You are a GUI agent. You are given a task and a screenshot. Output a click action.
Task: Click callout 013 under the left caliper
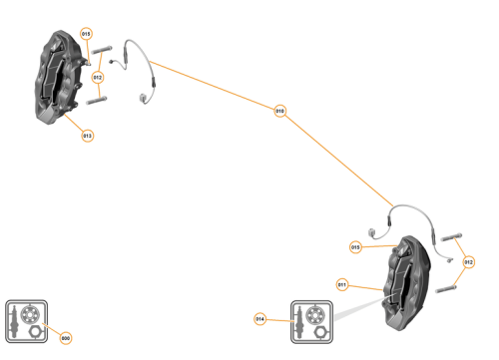88,136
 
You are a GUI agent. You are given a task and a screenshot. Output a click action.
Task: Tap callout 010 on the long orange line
280,112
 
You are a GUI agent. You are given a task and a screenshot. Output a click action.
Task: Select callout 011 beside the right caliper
342,284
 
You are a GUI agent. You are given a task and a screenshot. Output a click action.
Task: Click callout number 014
260,319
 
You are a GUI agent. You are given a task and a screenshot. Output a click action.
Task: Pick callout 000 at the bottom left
66,338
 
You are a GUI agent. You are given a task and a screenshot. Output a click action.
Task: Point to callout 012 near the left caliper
98,77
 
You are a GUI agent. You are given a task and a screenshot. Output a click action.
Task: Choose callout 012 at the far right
469,262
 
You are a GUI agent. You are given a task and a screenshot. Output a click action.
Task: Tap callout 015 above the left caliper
86,34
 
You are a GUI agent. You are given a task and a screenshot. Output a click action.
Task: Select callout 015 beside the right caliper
355,247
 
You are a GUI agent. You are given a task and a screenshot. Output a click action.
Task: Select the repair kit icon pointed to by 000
25,319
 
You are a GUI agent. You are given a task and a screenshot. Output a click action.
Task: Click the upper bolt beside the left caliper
102,52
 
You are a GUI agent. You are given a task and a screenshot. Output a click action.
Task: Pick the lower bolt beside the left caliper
98,100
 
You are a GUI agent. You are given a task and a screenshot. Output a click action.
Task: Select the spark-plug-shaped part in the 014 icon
298,321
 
